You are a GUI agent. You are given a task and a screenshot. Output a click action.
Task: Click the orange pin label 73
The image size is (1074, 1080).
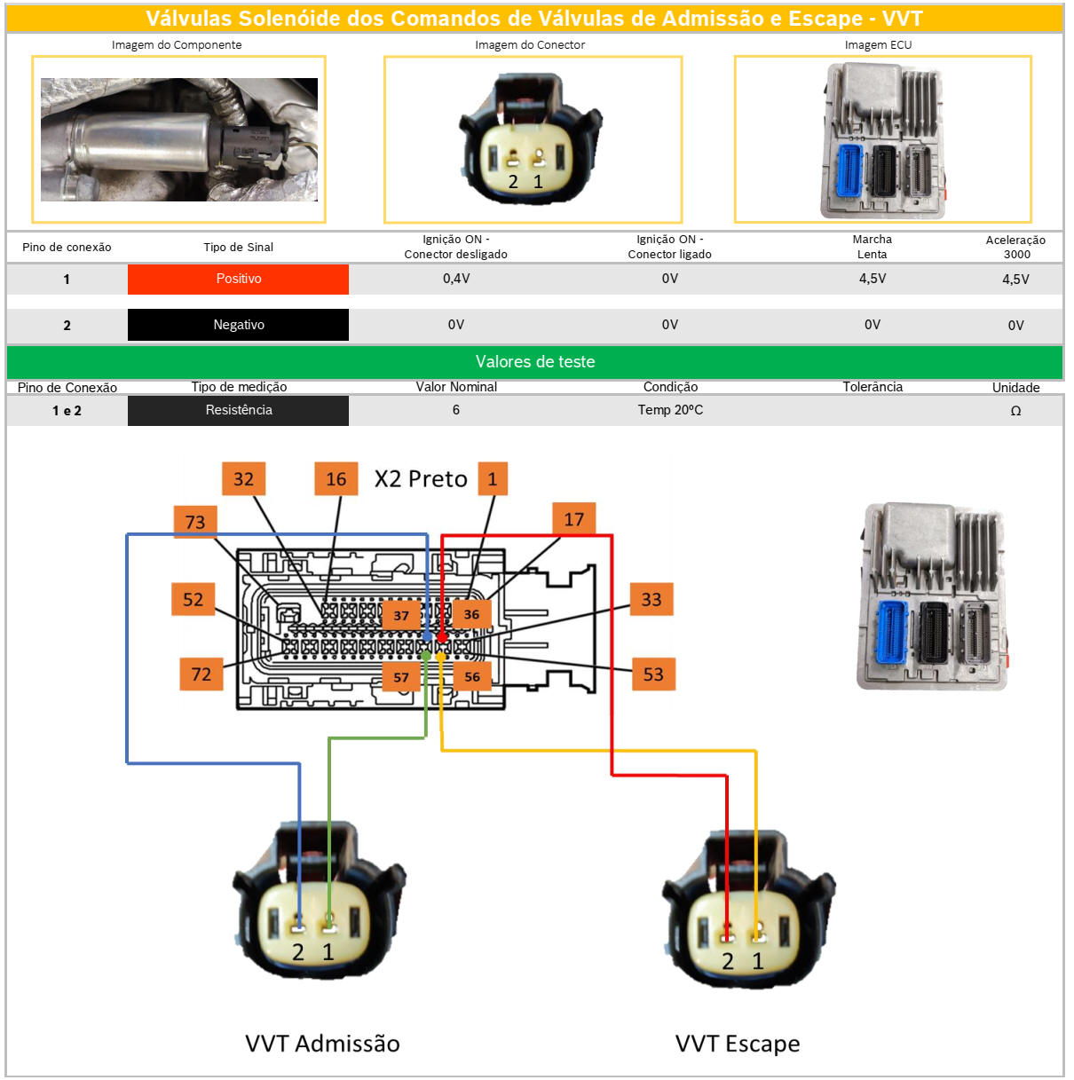pos(195,522)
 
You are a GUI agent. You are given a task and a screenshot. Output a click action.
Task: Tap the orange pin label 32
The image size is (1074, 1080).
pos(243,479)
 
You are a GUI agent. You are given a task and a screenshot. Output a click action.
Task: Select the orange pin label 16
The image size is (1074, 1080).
pos(336,479)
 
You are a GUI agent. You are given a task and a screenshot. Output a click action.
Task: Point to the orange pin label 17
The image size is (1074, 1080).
pos(574,519)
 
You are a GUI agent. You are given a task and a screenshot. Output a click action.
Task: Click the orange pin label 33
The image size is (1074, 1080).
pos(652,600)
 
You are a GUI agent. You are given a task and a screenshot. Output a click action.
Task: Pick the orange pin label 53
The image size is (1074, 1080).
pos(653,674)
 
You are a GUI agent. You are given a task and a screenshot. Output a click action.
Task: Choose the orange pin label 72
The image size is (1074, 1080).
pos(201,674)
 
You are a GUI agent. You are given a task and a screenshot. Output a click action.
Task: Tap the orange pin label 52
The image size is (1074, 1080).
pos(193,600)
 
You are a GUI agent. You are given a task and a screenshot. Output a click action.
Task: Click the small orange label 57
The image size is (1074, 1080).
pos(401,677)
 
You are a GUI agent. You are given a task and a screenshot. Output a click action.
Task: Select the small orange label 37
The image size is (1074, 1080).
pos(401,615)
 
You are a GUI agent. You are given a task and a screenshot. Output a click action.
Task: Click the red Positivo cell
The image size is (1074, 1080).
pos(238,279)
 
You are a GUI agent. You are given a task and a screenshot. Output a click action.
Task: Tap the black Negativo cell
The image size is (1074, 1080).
pos(238,325)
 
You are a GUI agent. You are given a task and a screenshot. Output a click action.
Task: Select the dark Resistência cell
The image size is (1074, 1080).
pos(238,410)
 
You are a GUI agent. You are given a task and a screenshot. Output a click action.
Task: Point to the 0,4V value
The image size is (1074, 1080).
pos(456,279)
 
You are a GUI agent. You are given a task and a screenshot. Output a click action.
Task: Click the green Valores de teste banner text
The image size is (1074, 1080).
pos(534,362)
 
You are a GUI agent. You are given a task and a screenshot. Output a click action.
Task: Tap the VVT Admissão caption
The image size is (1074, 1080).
pos(322,1044)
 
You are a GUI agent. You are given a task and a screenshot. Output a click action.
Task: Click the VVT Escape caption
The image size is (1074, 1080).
pos(738,1044)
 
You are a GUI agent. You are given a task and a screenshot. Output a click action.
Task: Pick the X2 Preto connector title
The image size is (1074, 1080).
pos(421,479)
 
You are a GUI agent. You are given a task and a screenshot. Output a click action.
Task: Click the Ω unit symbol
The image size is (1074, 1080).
pos(1015,411)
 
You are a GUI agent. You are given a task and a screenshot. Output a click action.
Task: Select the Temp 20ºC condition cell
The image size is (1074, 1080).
pos(670,410)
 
